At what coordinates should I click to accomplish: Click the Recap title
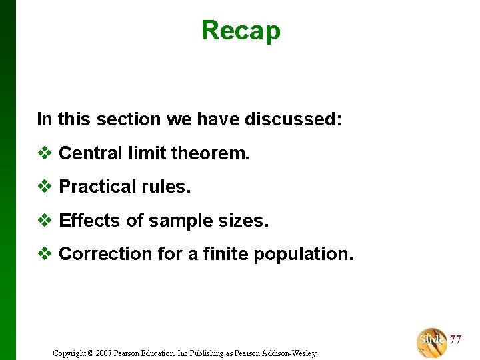[x=241, y=31]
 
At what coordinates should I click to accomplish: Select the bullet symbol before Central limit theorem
[x=45, y=153]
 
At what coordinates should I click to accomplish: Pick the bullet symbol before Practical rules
[x=45, y=187]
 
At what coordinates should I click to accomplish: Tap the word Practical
[x=93, y=187]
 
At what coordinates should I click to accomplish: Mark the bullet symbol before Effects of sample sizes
[x=45, y=221]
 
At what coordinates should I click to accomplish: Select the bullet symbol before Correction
[x=45, y=254]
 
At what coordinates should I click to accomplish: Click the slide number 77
[x=455, y=340]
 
